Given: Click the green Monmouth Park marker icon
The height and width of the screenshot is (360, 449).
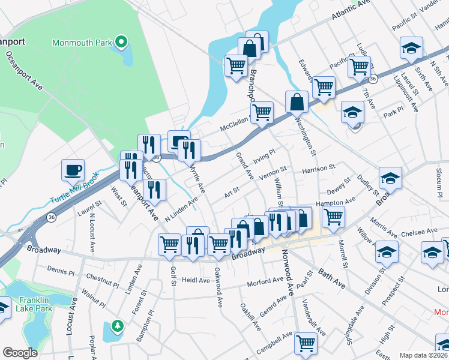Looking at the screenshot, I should [x=121, y=42].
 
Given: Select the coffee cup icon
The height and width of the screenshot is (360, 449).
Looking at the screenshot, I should [x=73, y=170].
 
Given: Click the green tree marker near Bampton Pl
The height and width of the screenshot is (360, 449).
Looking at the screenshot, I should [x=118, y=326].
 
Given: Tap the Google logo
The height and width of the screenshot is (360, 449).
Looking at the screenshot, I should [x=20, y=353].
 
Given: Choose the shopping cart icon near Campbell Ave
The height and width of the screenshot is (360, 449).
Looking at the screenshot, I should [x=306, y=343].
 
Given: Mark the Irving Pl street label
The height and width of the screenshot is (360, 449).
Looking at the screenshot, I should [x=264, y=157].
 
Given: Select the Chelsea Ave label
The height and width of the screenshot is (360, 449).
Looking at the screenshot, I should [x=420, y=231].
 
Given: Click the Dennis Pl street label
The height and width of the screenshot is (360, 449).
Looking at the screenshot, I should [x=60, y=271].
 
